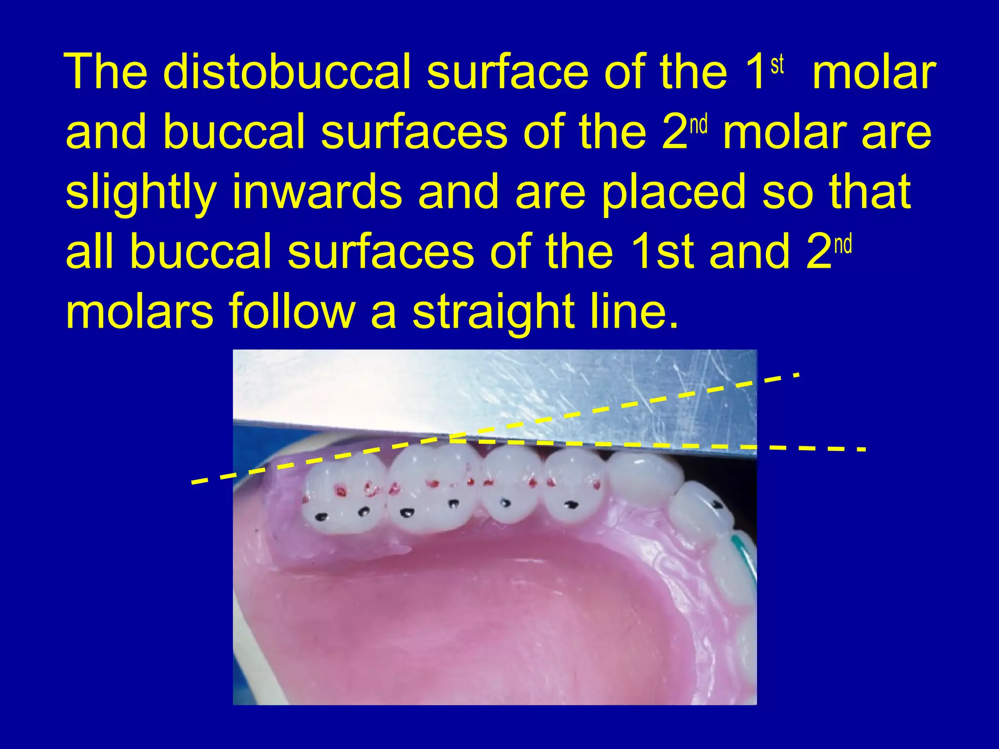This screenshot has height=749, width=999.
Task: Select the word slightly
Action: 140,192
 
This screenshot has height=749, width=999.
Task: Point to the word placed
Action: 673,192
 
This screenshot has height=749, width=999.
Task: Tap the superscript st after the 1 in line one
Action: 777,64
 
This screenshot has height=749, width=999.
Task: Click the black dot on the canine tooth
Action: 718,503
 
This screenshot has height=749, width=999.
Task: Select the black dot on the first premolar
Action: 570,505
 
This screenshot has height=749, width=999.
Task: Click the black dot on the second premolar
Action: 506,502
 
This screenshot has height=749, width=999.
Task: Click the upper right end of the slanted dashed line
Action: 796,374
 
